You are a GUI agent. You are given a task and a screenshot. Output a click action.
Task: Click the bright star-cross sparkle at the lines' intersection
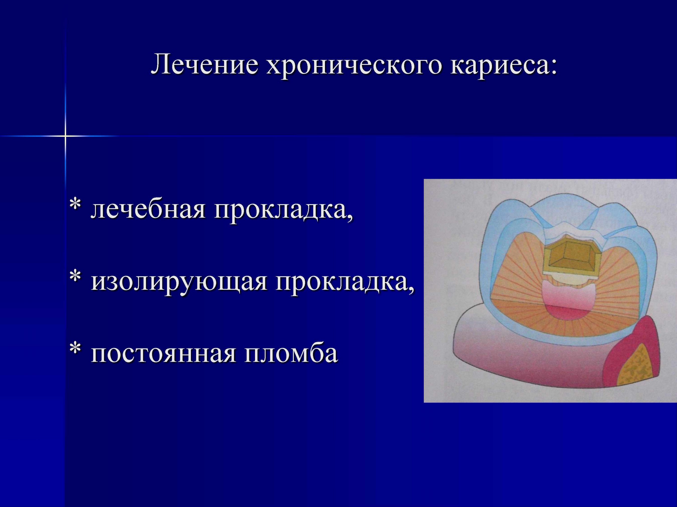coord(65,135)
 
